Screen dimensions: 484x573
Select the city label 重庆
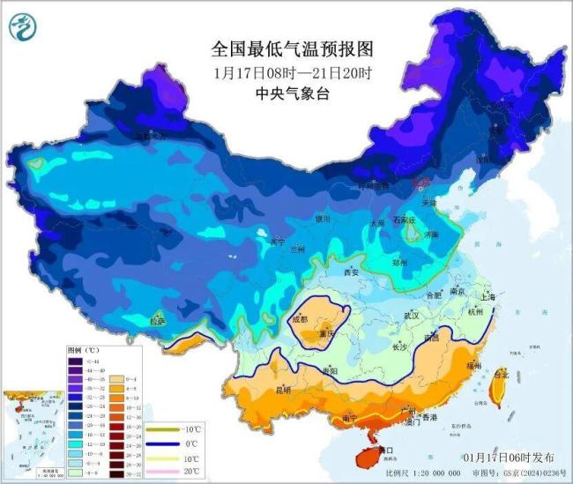[x=328, y=335]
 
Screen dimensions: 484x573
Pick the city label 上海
[x=483, y=297]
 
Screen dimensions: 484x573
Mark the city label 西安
[x=351, y=272]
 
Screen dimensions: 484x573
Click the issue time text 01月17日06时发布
[x=509, y=458]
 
